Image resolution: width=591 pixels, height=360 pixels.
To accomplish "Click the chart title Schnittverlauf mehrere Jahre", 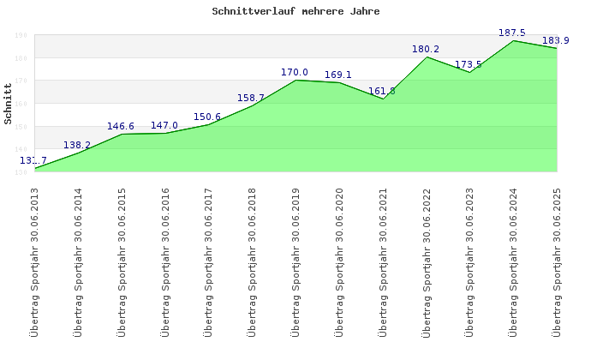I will pos(295,12).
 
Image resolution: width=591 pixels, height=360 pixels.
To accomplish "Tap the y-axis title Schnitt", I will pos(9,103).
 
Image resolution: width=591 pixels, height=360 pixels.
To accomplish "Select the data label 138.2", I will pos(77,146).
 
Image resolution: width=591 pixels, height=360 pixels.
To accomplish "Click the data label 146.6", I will pos(121,127).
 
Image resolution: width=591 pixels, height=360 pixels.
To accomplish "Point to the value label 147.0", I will pos(164,126).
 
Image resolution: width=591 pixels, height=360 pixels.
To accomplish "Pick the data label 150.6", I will pos(207,117).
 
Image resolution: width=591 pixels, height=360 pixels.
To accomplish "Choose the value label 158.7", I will pos(251,99).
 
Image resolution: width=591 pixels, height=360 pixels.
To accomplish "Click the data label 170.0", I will pos(295,73).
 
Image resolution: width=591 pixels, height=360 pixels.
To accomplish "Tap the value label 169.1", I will pos(338,75).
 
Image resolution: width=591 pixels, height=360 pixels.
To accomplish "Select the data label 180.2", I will pos(426,50).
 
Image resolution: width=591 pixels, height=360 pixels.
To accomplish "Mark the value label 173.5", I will pos(469,65).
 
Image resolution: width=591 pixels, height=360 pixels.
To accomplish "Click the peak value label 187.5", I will pos(512,33).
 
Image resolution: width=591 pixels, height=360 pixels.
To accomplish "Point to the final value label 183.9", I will pos(556,41).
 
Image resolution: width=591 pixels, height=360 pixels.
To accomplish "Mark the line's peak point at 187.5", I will pos(513,41).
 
